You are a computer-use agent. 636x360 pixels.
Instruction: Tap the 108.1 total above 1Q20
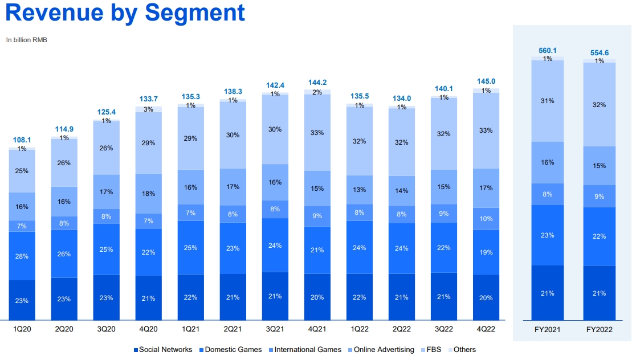(22, 140)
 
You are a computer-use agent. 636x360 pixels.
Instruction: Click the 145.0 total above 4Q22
(486, 81)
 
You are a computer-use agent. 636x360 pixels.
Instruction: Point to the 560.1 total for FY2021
(548, 50)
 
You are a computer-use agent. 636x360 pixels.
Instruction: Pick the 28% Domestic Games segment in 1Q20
(22, 256)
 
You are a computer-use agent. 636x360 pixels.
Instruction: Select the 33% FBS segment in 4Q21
(317, 133)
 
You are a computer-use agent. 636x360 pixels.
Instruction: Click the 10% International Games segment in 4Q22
(486, 219)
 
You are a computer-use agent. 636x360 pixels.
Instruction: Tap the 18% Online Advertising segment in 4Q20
(148, 193)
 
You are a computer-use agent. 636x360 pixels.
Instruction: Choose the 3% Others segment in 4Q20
(148, 109)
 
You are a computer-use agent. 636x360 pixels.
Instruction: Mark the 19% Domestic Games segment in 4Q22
(486, 252)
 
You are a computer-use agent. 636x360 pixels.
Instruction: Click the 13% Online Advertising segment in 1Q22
(360, 190)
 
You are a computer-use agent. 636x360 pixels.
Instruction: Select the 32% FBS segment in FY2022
(599, 105)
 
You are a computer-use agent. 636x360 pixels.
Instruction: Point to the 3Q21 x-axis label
(275, 329)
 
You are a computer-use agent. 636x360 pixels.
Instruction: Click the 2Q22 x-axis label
(402, 329)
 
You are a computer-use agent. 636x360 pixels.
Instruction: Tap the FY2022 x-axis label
(599, 329)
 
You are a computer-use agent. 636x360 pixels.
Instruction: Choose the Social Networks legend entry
(162, 350)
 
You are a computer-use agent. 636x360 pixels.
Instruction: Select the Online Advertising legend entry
(380, 350)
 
